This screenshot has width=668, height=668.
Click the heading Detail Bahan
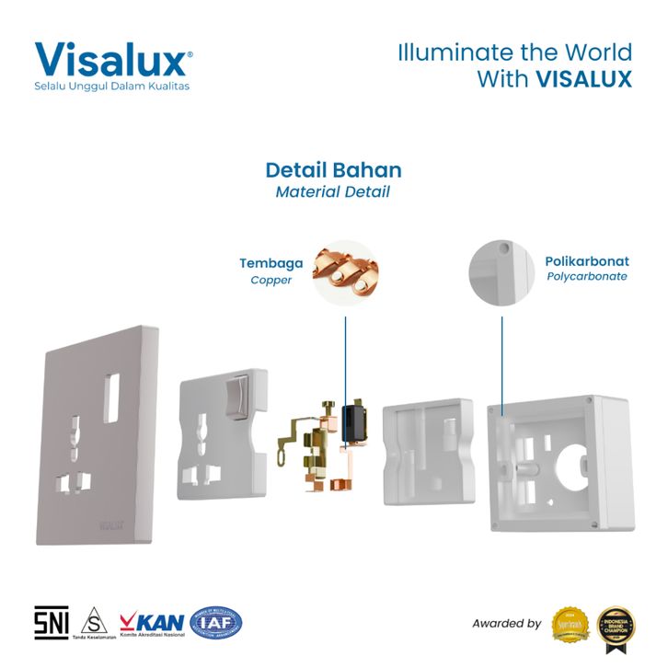(x=333, y=170)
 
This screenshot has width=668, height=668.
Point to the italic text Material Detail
(x=333, y=192)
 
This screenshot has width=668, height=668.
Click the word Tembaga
(x=271, y=263)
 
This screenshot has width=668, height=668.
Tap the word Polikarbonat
(x=587, y=261)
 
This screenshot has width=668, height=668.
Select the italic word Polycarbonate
(x=587, y=276)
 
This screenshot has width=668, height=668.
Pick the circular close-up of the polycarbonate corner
(x=501, y=271)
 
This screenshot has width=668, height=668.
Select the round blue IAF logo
(x=215, y=623)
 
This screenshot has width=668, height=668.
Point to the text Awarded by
(x=506, y=624)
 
